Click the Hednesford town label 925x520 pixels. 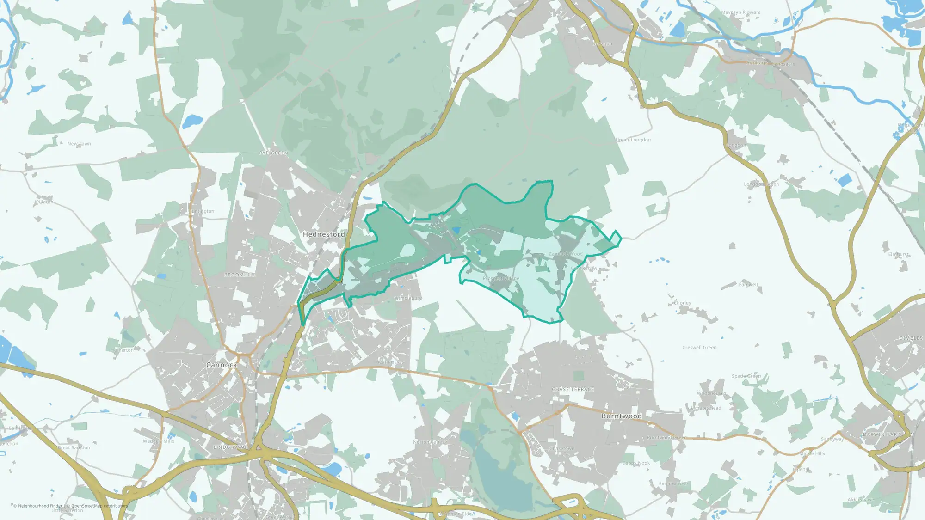coord(324,234)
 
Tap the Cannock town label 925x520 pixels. coord(222,365)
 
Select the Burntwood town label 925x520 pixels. coord(621,416)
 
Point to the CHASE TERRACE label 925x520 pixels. coord(573,389)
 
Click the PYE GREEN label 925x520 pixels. coord(273,153)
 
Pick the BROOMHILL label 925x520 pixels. coord(240,275)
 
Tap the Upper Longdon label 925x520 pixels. coord(633,140)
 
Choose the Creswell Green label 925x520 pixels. coord(699,348)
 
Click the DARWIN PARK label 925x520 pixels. coord(882,434)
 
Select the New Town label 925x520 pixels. coord(79,144)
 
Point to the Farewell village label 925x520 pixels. coord(748,284)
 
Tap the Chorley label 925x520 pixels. coord(683,303)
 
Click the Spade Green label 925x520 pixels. coord(746,376)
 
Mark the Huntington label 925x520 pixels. coord(202,211)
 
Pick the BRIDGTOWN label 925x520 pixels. coord(230,447)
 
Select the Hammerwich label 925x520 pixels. coord(673,483)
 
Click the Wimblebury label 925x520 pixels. coord(408,298)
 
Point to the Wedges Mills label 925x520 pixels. coord(158,441)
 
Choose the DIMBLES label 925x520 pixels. coord(911,338)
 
